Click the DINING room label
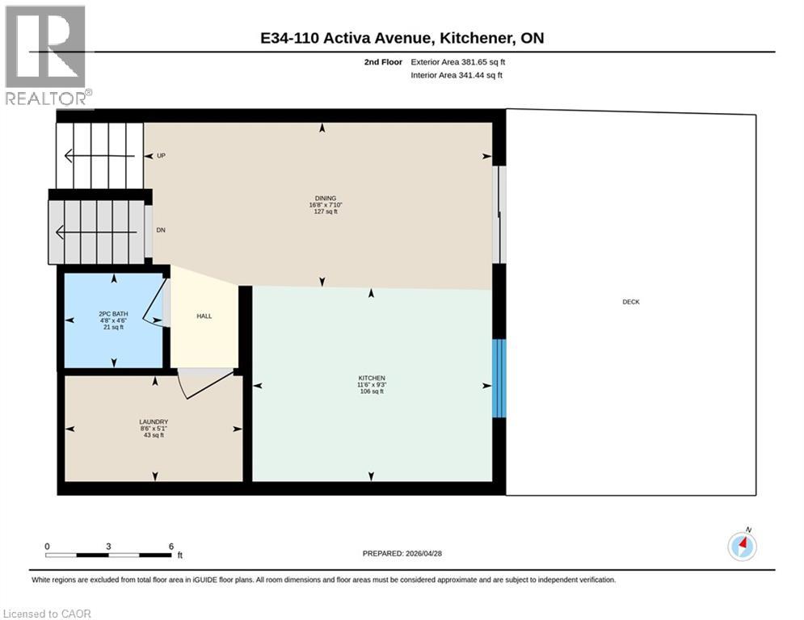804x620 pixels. click(x=326, y=198)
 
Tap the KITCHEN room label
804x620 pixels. click(x=372, y=378)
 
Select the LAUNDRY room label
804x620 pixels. click(x=153, y=421)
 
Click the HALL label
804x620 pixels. click(x=204, y=316)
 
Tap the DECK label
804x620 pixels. click(x=631, y=302)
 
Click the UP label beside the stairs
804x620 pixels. click(x=161, y=155)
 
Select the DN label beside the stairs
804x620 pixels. click(x=161, y=230)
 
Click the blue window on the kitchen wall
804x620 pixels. click(x=499, y=378)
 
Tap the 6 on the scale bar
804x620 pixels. click(x=171, y=546)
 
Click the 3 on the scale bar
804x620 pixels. click(x=108, y=546)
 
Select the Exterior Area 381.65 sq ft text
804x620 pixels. click(x=458, y=61)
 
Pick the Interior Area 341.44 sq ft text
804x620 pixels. click(x=457, y=75)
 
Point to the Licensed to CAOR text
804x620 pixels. click(x=48, y=614)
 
